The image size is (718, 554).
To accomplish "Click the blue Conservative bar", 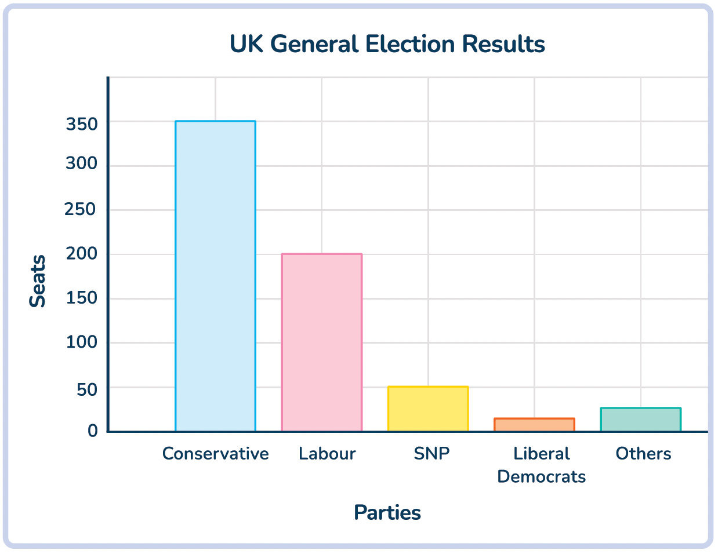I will point(215,276).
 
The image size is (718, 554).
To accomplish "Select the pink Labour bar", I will point(322,342).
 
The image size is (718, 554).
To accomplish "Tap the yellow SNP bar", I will point(428,409).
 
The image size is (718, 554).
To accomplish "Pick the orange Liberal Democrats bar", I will point(534,425).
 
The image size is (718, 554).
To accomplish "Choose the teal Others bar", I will point(640,420).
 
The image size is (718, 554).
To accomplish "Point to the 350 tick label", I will point(81,123).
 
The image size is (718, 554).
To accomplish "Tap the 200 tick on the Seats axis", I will point(81,253).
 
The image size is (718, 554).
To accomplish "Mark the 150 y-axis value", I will point(81,298).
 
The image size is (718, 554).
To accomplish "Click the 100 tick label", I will point(81,342).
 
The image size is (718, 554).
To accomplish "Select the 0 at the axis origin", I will point(93,431).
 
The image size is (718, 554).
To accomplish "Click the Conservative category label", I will point(215,453).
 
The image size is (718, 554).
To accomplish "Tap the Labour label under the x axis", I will point(327,453).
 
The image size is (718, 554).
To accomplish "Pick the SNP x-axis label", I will point(431,453).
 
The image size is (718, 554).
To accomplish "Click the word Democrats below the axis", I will point(541,476).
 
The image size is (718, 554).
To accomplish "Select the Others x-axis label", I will point(643,453).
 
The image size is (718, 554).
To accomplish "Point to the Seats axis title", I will point(38,281).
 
